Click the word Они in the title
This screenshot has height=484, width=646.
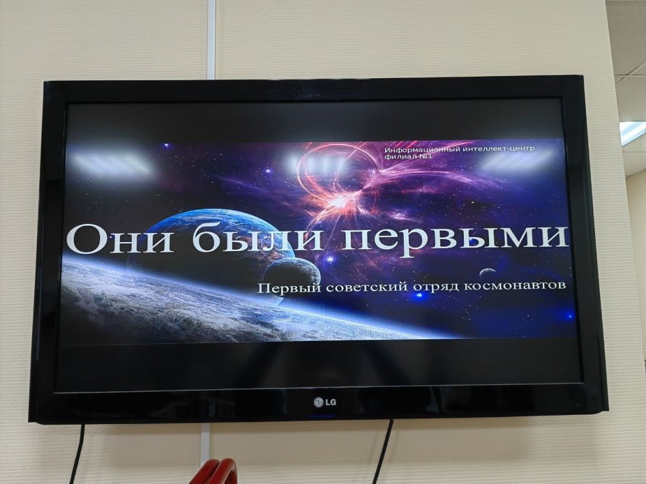tap(120, 239)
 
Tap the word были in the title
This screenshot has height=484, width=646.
tap(258, 239)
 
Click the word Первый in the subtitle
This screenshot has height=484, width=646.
tap(289, 287)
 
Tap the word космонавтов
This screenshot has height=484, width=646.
tap(515, 285)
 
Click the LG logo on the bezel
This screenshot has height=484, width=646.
tap(325, 402)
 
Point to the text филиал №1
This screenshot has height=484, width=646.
tap(408, 157)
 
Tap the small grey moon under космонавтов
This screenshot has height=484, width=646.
tap(488, 273)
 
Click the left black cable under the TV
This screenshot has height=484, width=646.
tap(77, 454)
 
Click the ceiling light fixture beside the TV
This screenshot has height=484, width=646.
tap(633, 132)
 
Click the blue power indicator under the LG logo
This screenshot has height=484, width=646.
tap(320, 416)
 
